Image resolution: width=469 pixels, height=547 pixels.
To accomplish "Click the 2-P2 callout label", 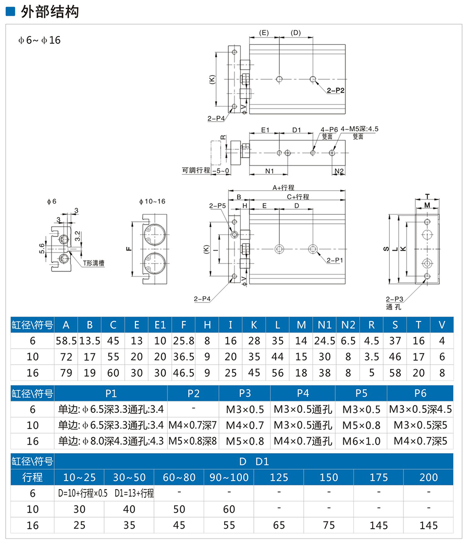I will click(x=336, y=90).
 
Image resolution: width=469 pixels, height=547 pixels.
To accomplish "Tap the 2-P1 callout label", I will click(x=335, y=259).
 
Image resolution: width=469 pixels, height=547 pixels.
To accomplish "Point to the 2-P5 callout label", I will click(x=217, y=206).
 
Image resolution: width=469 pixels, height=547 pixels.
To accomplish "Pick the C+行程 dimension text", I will click(x=298, y=197).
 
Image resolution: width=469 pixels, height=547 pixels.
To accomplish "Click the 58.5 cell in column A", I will click(x=66, y=341).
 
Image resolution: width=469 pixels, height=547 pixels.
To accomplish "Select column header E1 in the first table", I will click(x=160, y=325).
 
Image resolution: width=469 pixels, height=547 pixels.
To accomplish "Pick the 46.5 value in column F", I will click(x=183, y=373).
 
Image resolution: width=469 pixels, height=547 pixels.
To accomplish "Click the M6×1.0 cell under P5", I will click(x=361, y=441).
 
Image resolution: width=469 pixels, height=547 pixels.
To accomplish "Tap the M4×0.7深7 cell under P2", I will click(x=193, y=425).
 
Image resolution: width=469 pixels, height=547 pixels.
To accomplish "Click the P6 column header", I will click(x=420, y=394).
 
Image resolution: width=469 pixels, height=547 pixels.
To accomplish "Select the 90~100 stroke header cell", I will click(x=229, y=477).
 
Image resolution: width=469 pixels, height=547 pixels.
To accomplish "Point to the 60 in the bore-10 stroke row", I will click(x=229, y=509).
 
